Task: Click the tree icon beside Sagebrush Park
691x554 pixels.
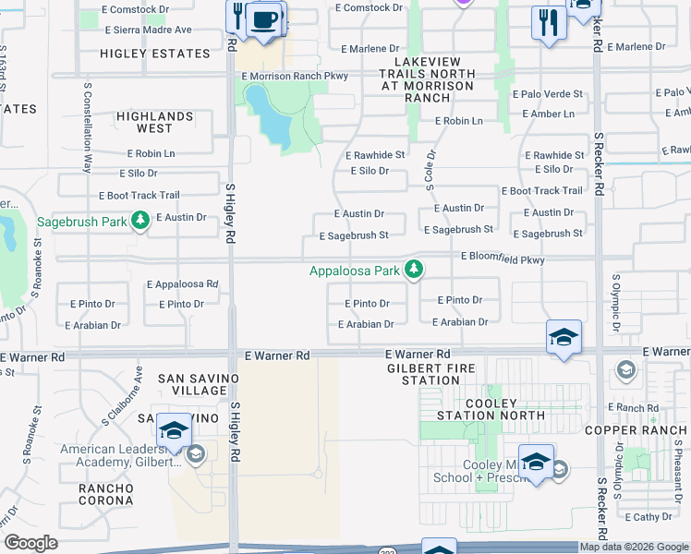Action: click(x=139, y=220)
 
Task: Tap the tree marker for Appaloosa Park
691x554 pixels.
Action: click(x=416, y=270)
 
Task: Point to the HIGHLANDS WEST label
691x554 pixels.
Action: click(x=154, y=123)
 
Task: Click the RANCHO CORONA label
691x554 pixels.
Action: click(x=106, y=494)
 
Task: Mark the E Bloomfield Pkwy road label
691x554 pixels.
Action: click(x=503, y=260)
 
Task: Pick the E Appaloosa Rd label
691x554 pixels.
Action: click(x=182, y=284)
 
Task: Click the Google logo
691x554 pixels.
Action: click(x=30, y=543)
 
